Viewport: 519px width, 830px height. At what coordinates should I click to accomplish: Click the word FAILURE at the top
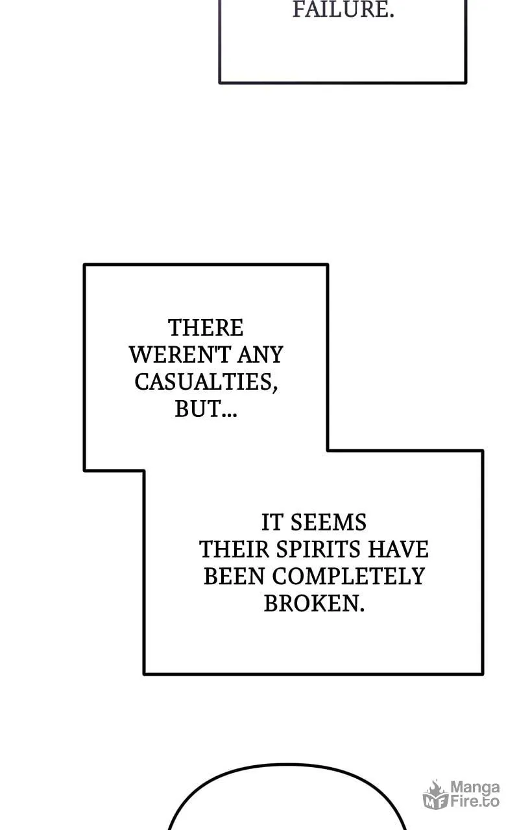coord(343,9)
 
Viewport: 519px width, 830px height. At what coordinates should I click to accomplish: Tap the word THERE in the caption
coord(206,328)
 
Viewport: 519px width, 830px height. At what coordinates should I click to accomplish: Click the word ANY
coord(261,355)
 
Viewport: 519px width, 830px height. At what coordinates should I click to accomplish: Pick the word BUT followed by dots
coord(206,409)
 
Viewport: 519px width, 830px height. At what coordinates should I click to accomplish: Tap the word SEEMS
coord(328,523)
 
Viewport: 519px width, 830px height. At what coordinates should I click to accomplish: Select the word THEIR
coord(234,549)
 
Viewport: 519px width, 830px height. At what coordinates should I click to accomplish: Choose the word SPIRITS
coord(319,549)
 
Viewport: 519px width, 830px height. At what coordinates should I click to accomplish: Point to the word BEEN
coord(234,576)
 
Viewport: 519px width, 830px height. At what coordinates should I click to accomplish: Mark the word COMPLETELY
coord(348,576)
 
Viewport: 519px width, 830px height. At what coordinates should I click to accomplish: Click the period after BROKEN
coord(362,610)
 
